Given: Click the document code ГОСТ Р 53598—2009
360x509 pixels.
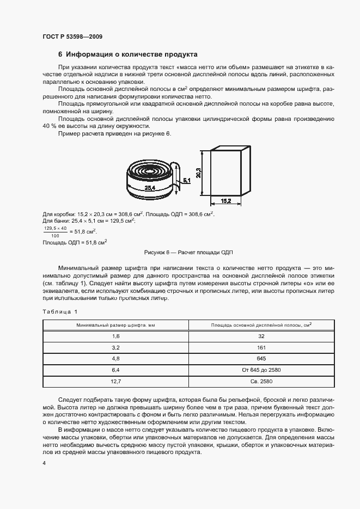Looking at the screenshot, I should click(72, 36).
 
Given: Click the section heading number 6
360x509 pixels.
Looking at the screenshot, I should click(60, 54).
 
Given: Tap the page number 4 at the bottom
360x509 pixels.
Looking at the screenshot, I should click(44, 463).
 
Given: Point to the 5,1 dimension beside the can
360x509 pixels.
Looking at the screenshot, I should click(186, 179).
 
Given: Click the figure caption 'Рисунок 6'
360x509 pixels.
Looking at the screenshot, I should click(156, 253).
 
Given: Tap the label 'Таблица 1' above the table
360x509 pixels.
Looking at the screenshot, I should click(60, 311).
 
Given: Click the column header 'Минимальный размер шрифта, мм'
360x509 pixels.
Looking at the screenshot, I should click(115, 325).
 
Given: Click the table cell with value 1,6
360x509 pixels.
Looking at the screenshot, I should click(115, 337).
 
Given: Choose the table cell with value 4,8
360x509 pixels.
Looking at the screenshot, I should click(115, 359).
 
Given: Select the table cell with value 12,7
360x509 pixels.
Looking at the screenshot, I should click(115, 382).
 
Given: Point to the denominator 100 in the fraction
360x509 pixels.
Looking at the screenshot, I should click(54, 236).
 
